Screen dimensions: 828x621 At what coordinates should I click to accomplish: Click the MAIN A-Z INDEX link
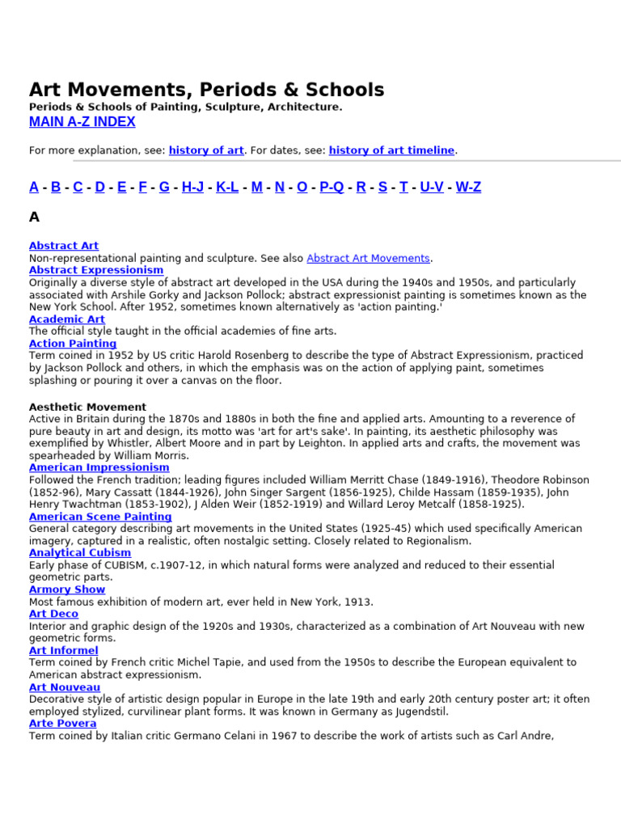(82, 122)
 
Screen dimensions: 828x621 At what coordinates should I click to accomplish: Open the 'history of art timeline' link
(391, 150)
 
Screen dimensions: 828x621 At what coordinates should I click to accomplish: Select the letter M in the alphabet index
(257, 187)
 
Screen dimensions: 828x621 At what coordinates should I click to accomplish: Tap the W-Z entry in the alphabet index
(468, 187)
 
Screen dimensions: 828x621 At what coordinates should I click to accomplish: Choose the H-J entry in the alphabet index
(192, 187)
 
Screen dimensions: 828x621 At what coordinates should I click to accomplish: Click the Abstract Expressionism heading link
(96, 270)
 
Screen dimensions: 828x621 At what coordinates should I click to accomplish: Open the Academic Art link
(67, 319)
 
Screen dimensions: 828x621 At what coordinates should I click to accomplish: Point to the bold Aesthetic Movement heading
(88, 407)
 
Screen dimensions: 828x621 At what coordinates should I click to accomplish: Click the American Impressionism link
(99, 467)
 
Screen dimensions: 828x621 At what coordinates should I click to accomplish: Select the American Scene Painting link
(100, 517)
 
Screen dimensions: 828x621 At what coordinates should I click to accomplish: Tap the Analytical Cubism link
(80, 553)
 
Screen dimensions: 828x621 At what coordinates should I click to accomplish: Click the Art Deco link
(54, 614)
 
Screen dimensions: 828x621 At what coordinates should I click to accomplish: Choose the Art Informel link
(64, 650)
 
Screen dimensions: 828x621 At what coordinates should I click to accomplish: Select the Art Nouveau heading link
(65, 687)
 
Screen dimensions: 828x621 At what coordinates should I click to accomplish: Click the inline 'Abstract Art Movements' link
(368, 259)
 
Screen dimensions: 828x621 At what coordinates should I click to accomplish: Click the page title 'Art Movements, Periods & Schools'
(207, 90)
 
